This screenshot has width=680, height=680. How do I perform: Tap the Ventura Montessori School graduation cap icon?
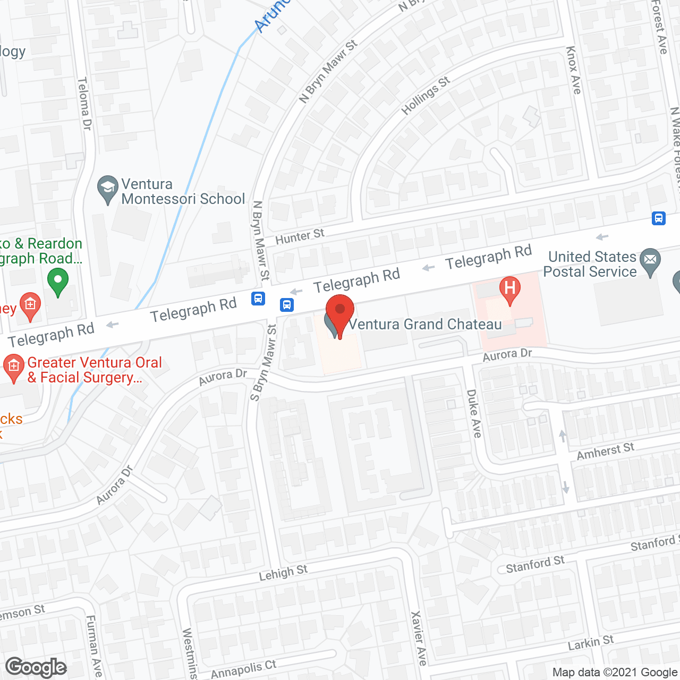pos(108,188)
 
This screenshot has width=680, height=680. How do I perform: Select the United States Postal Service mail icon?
pos(650,260)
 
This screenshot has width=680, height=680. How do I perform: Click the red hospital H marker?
pos(509,289)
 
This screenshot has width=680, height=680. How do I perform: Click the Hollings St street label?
pos(426,96)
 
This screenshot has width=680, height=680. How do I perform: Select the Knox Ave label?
pos(574,70)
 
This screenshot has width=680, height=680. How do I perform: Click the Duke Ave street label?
pos(474,413)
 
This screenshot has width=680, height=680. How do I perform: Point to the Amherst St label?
pos(605,452)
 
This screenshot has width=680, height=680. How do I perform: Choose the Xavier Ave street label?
pos(419,637)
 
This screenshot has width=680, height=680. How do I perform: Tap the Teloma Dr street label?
pos(84,104)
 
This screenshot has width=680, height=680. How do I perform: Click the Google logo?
pos(36,667)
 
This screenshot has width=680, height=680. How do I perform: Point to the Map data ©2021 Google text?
pos(615,673)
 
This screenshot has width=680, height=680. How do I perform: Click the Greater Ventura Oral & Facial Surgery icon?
pos(13,367)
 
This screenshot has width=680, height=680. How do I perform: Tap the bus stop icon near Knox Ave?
pos(659,218)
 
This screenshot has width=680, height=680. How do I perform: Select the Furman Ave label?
pos(95,645)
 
